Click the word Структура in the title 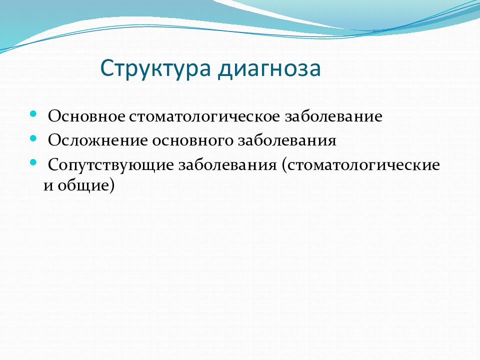click(x=155, y=69)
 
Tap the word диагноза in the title click(x=269, y=69)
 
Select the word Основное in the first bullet click(x=86, y=116)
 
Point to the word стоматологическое click(x=204, y=116)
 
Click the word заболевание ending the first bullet click(x=333, y=116)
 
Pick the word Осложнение click(x=98, y=140)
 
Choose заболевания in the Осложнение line click(x=287, y=140)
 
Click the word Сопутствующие click(x=111, y=165)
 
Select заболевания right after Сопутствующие click(x=227, y=165)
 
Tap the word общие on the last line click(x=82, y=185)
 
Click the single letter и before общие click(x=48, y=186)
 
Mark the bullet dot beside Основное click(x=33, y=114)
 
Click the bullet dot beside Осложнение click(x=33, y=138)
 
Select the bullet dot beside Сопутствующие click(x=33, y=163)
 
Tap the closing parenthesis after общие click(x=111, y=185)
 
